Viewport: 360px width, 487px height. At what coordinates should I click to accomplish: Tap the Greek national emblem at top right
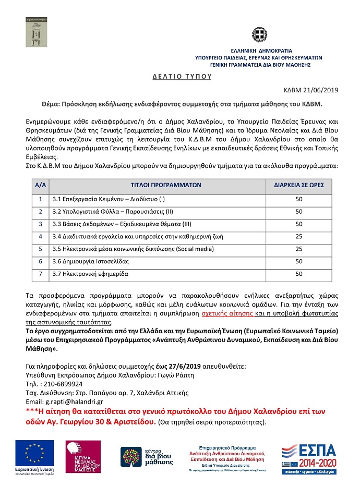(x=259, y=37)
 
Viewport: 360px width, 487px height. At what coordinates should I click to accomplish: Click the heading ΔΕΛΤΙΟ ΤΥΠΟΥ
(x=182, y=76)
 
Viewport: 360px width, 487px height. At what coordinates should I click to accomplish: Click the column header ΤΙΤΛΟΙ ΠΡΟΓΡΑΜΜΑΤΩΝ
(x=166, y=185)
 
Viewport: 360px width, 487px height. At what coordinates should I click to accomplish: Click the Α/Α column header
(x=40, y=185)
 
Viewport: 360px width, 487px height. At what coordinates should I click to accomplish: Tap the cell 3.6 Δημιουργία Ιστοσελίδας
(x=90, y=261)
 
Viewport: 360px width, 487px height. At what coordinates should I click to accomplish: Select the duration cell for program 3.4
(x=299, y=236)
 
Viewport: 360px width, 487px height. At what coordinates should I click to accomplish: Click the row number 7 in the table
(x=40, y=273)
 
